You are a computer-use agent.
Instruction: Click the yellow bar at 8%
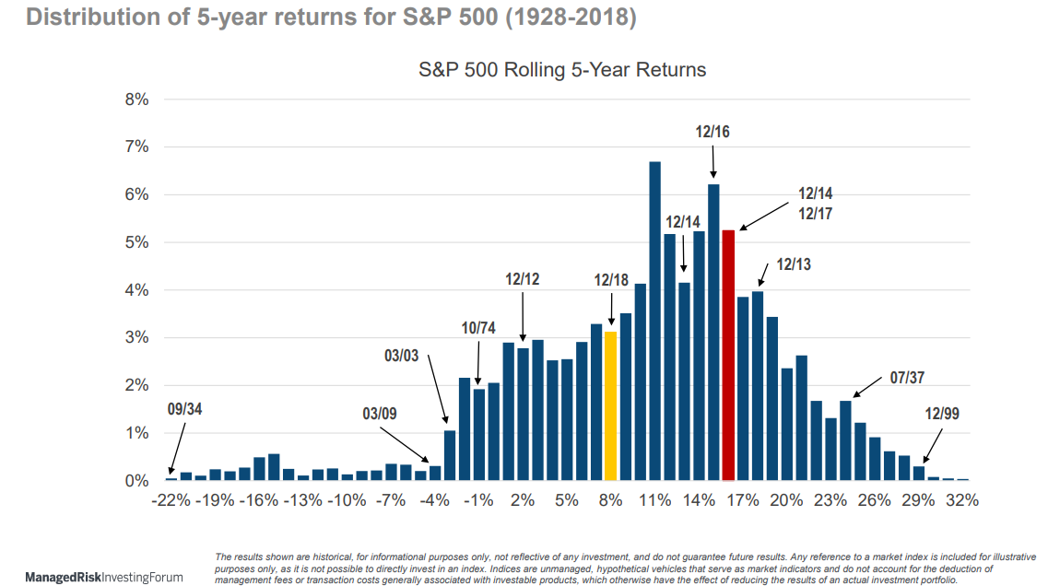[x=610, y=405]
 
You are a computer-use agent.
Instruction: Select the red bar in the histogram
[x=728, y=355]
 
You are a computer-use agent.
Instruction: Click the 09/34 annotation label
[x=184, y=409]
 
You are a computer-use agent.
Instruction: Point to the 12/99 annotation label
[x=941, y=414]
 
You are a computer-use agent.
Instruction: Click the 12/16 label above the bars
[x=713, y=132]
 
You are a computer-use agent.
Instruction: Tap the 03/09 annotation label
[x=380, y=413]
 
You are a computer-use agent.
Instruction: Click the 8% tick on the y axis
[x=137, y=100]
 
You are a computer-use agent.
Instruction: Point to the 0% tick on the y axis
[x=137, y=481]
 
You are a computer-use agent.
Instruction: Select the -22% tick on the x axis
[x=171, y=500]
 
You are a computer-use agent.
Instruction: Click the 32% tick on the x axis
[x=961, y=500]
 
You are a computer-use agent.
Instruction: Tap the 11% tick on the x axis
[x=654, y=500]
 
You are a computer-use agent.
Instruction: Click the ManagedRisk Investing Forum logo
[x=103, y=577]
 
